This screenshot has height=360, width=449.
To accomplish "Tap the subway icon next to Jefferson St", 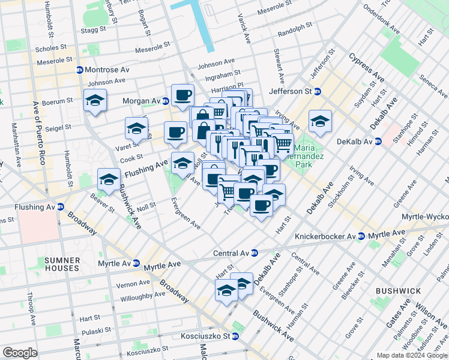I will coord(318,92).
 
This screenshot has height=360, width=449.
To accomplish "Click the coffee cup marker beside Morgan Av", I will coord(182,95).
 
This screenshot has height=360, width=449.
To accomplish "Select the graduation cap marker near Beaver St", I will coord(109,179).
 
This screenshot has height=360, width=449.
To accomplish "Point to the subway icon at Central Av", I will coord(255,253).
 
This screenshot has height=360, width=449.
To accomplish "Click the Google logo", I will coord(20,352).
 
